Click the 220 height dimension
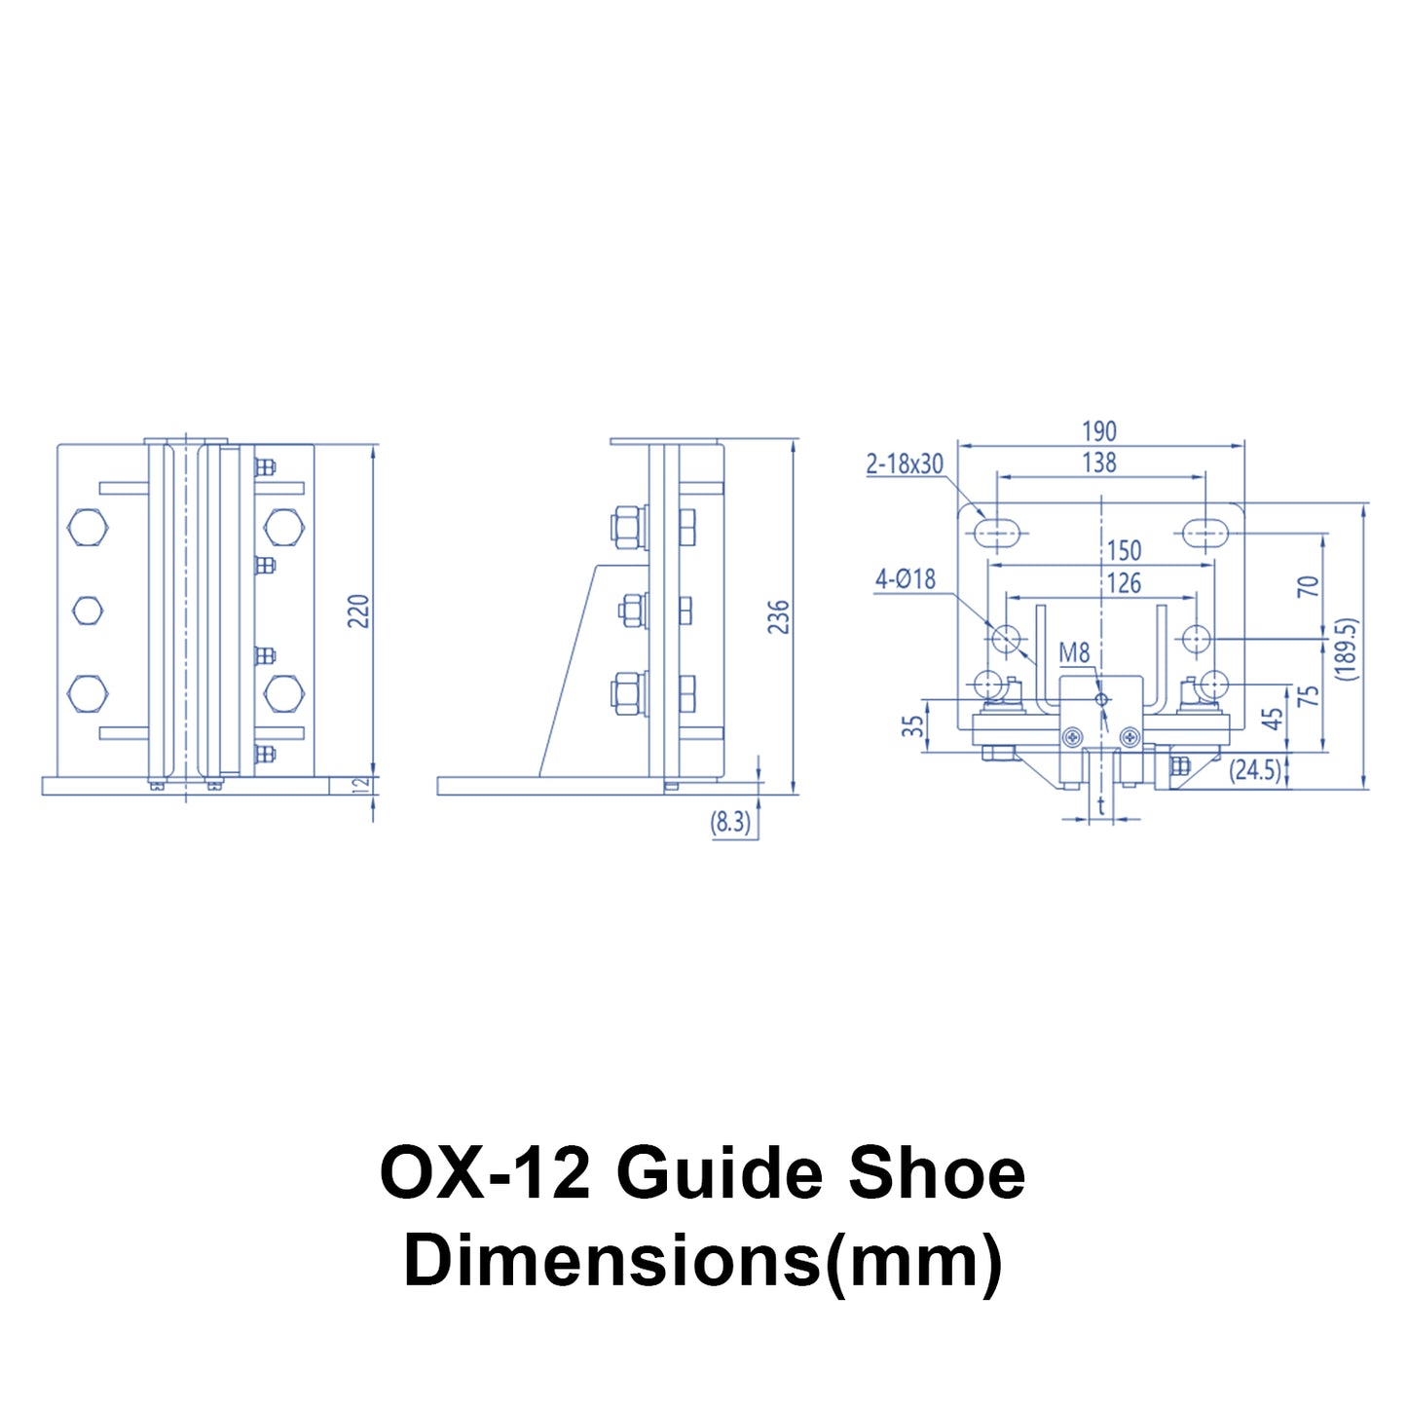coord(358,611)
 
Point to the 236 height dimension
coord(779,617)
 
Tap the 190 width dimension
coord(1099,431)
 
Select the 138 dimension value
coord(1099,463)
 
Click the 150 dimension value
coord(1125,550)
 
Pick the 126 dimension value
coord(1125,583)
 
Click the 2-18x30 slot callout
coord(905,463)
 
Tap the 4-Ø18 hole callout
coord(906,579)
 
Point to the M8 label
coord(1074,653)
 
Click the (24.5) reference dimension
coord(1254,770)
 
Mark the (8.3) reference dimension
coord(730,822)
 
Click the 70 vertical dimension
coord(1310,587)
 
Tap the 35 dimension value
coord(912,725)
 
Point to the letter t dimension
coord(1101,806)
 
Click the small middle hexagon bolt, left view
coord(88,611)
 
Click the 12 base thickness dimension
coord(358,786)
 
